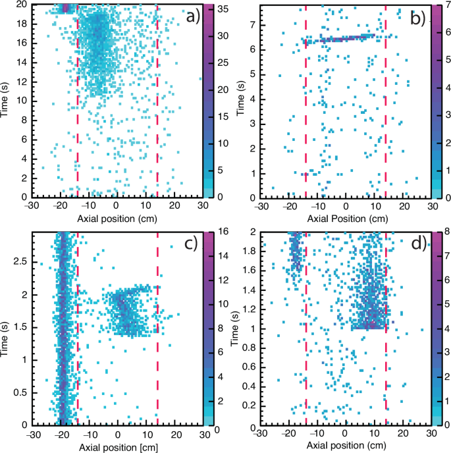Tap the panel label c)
coord(191,245)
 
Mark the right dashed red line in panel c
coord(157,329)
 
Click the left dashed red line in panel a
coord(78,99)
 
